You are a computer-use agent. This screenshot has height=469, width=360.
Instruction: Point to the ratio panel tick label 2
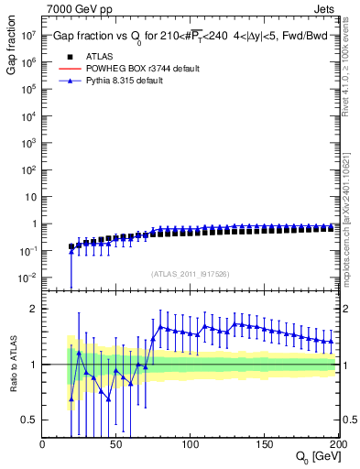[31, 309]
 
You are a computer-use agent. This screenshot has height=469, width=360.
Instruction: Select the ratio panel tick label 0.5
[27, 420]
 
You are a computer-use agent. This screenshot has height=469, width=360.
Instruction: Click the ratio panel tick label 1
[31, 365]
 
